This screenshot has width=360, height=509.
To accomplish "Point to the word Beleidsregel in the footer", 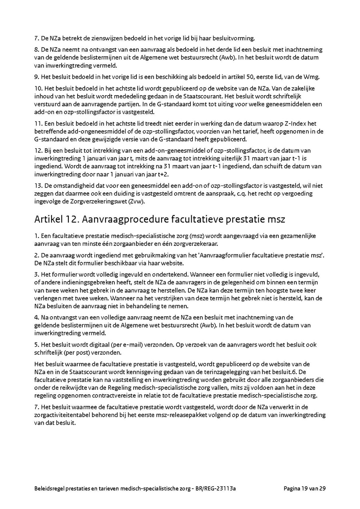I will (x=49, y=488).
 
